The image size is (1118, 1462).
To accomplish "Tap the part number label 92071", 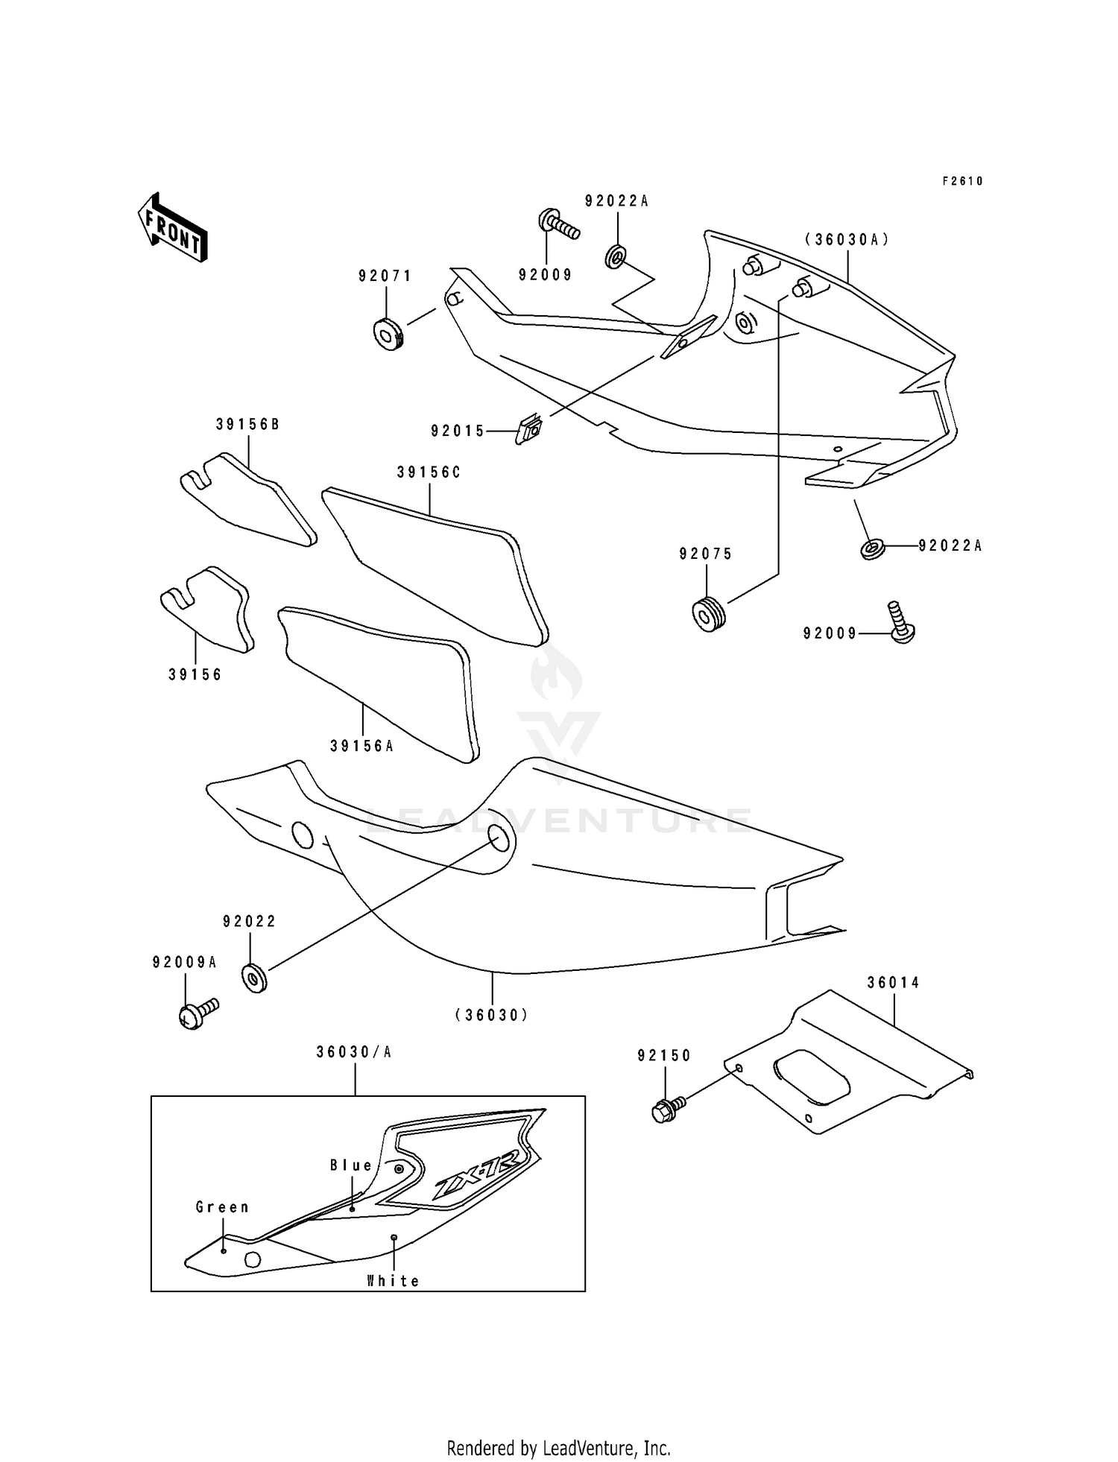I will click(x=385, y=276).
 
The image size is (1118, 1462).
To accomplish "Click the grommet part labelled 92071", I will click(x=388, y=334).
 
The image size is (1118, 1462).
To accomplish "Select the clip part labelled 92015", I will click(x=529, y=430).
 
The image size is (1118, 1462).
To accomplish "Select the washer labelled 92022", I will click(x=254, y=978).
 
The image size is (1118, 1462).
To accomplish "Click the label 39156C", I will click(x=429, y=472).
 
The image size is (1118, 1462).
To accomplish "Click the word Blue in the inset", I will click(x=351, y=1165).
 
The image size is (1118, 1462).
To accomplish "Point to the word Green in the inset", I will click(x=222, y=1207).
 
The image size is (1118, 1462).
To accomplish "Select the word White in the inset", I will click(x=393, y=1281).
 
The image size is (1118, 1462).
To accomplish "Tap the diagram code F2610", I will click(x=962, y=181).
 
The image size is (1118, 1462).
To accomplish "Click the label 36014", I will click(x=893, y=983).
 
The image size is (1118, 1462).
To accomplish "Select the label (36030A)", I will click(x=847, y=240).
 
